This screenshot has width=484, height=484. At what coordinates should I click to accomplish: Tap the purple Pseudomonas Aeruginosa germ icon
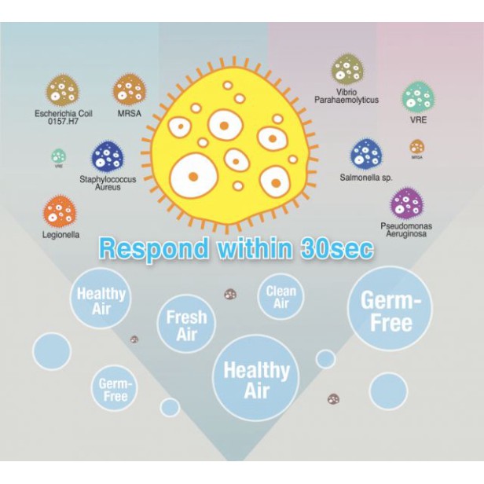(x=407, y=203)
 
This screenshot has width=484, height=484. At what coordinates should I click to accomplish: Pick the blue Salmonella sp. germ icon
(x=365, y=153)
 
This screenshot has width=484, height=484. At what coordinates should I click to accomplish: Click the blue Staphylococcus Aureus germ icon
(x=106, y=157)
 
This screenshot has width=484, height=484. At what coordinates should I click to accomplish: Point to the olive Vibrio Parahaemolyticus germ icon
(x=346, y=69)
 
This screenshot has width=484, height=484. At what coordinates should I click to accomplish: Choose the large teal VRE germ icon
(x=418, y=97)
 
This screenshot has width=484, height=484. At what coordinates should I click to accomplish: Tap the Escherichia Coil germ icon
(x=61, y=90)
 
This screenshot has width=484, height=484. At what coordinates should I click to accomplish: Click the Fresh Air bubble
(x=186, y=323)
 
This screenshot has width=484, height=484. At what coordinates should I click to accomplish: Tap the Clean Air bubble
(x=280, y=296)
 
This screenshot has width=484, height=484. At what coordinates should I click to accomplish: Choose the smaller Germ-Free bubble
(x=115, y=389)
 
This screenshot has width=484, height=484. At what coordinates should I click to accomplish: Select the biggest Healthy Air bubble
(x=256, y=378)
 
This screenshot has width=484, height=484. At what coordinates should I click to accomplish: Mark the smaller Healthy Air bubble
(x=101, y=299)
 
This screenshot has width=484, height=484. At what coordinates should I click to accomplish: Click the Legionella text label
(x=60, y=234)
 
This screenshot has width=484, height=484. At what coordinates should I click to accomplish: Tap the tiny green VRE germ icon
(x=58, y=156)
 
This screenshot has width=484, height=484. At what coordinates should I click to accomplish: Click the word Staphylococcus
(x=105, y=180)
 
